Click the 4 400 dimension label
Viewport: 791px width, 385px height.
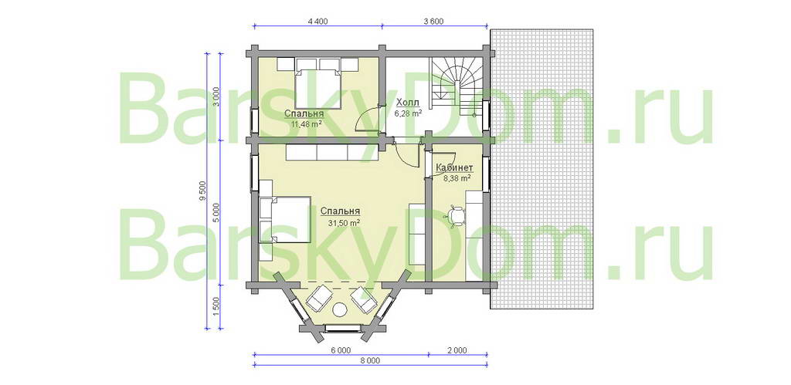[317, 21]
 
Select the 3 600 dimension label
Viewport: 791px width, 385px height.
[434, 21]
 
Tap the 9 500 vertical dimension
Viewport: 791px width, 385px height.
[203, 191]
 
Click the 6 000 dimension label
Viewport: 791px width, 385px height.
[341, 350]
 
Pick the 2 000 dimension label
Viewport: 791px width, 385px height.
[457, 350]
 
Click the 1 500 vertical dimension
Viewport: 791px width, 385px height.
[216, 306]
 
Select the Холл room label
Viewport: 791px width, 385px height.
[407, 103]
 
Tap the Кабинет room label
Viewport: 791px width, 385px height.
[454, 167]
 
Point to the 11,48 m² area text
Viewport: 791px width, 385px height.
[307, 123]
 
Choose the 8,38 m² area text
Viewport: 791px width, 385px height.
[457, 177]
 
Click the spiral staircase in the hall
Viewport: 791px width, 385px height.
[457, 86]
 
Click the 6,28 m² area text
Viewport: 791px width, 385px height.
[408, 113]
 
